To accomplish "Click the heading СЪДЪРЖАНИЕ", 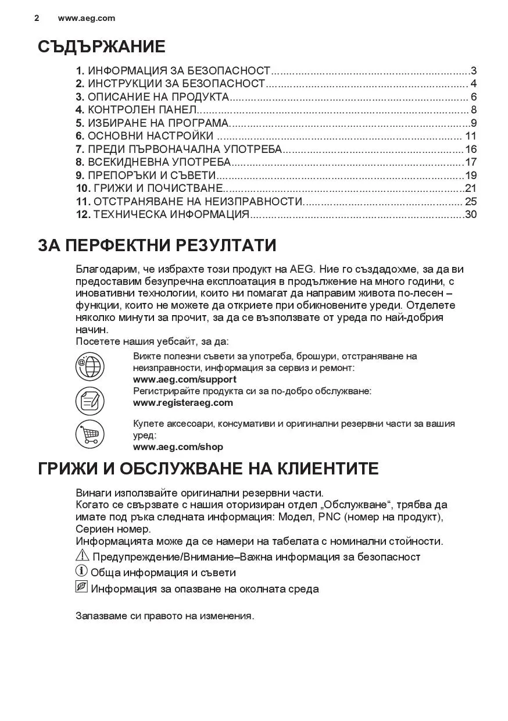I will tap(102, 47).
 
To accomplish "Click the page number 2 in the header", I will tap(37, 18).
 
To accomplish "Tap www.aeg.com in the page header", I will tap(87, 18).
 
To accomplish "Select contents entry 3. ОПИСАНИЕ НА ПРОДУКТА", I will tap(152, 97).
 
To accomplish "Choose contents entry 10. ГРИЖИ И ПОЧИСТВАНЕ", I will tap(149, 188).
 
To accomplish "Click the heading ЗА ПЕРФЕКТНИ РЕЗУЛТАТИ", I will tap(157, 245).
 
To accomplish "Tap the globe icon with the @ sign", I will tap(90, 367).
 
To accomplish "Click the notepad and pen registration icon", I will tap(90, 401).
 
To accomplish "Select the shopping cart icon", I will tap(90, 434).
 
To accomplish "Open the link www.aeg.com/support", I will tap(185, 380).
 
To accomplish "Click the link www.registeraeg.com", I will tap(183, 402).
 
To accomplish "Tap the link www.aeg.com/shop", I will tap(178, 447).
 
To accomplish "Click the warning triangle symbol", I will tap(82, 556).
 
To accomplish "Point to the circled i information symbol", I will tap(81, 572).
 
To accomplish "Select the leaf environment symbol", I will tap(81, 587).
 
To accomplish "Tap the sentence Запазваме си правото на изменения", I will tap(165, 616).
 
